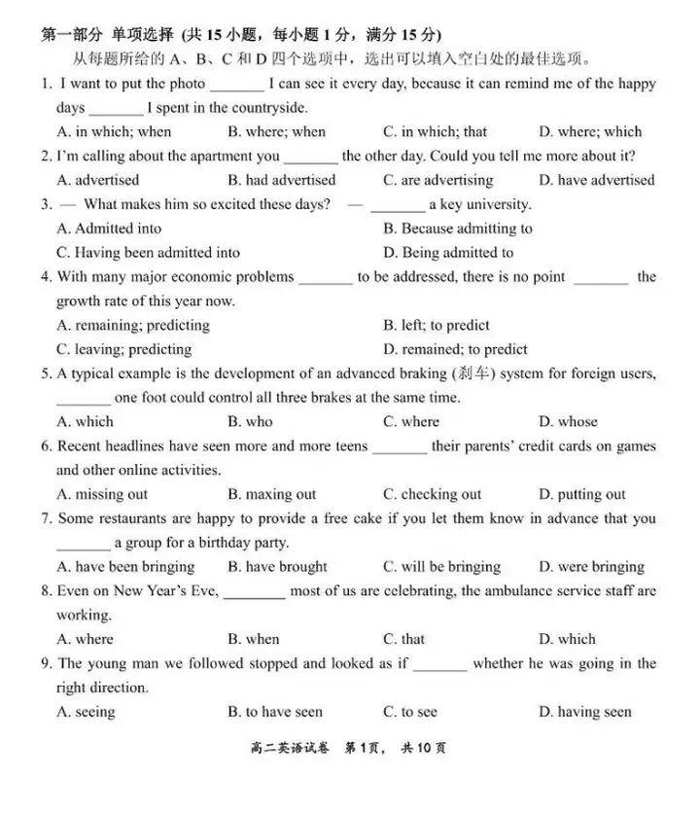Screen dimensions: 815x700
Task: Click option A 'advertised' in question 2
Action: coord(98,180)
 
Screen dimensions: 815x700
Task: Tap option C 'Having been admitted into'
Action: coord(148,253)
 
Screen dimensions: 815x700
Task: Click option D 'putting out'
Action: coord(582,494)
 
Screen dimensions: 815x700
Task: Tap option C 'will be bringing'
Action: coord(441,567)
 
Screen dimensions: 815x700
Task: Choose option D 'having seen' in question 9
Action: coord(584,712)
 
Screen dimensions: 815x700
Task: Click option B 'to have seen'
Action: coord(275,712)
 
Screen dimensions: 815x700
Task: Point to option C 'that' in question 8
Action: coord(403,639)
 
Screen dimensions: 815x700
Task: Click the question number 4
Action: coord(46,277)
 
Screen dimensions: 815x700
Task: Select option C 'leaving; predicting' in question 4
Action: coord(124,349)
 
